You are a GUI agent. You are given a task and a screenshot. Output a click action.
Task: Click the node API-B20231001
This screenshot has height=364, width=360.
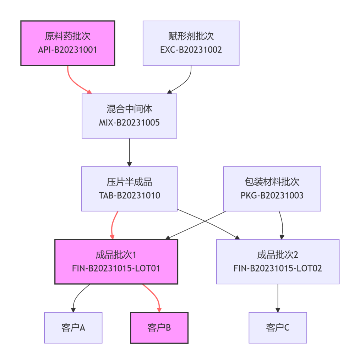pos(67,43)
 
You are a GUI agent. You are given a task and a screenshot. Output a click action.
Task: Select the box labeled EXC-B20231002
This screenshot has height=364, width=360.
pos(191,43)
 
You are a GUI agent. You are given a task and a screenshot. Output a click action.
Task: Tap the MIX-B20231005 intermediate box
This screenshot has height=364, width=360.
pos(129,116)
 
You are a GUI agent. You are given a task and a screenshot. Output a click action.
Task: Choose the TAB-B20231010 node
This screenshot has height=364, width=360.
pos(129,189)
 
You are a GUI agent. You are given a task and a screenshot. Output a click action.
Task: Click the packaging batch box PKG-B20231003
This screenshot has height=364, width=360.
pos(272,189)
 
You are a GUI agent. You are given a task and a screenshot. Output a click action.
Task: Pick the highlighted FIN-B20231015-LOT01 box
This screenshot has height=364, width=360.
pos(116,262)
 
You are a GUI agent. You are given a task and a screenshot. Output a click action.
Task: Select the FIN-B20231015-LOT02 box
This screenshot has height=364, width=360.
pos(278,262)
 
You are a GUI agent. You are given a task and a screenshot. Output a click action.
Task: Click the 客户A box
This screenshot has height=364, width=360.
pos(73,327)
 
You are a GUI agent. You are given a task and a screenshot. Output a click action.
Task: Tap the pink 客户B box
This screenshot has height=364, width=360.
pos(159,327)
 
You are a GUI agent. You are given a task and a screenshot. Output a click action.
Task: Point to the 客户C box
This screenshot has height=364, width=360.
pos(278,327)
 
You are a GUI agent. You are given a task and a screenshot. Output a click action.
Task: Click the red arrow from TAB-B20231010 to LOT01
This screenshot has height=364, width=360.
pos(113,225)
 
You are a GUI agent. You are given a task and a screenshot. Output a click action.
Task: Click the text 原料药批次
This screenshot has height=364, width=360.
pos(67,36)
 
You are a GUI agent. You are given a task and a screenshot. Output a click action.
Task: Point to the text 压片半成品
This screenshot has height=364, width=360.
pos(129,182)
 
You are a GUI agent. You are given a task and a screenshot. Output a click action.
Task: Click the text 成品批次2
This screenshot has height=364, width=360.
pos(278,255)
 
